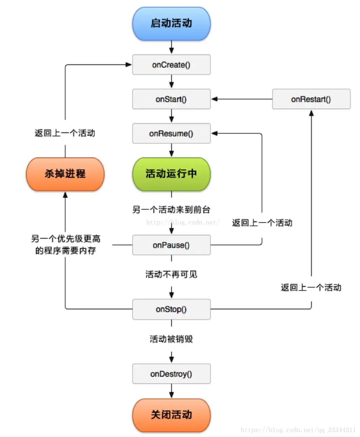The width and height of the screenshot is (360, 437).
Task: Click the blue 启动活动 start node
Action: (171, 23)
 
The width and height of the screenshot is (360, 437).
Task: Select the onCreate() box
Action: (171, 65)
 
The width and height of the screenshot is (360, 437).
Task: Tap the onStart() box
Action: (171, 99)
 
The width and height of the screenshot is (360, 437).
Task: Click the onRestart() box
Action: (311, 99)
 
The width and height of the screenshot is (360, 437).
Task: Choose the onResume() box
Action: (171, 133)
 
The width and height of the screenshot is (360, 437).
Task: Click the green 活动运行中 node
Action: (171, 174)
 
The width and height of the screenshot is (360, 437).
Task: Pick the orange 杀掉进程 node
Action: (65, 174)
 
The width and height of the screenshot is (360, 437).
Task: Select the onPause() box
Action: (171, 245)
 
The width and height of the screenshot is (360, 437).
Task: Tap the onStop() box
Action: (171, 309)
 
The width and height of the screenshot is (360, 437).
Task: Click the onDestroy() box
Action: (171, 374)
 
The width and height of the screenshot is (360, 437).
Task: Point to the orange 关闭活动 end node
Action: (171, 415)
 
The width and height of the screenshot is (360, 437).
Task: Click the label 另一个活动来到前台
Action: (171, 210)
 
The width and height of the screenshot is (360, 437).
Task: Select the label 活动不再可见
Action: (171, 274)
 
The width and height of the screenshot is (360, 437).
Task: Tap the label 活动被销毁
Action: (171, 339)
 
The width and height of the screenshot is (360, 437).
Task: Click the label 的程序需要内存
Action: (65, 250)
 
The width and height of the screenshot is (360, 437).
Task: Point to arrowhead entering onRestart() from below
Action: (311, 113)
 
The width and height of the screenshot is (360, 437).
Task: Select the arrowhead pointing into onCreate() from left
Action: (129, 64)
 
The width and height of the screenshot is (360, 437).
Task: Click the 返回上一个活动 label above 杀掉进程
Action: (65, 133)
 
